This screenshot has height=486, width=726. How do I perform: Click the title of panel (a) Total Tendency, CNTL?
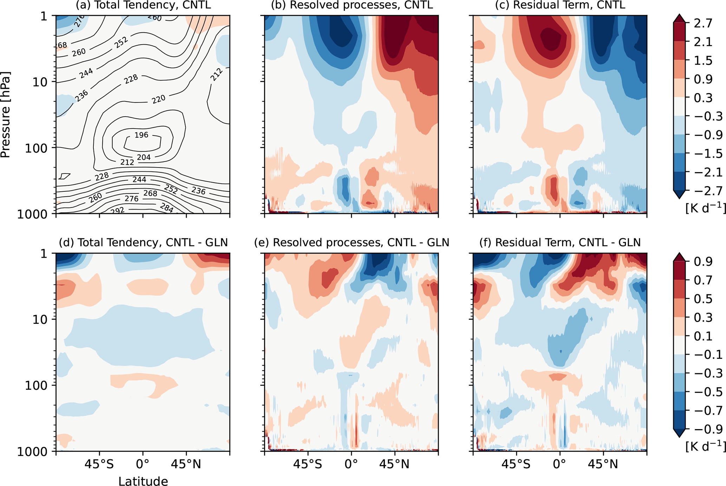tap(143, 5)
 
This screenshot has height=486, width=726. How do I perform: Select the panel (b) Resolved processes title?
tap(352, 5)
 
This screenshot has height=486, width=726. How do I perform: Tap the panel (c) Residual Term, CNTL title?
tap(560, 5)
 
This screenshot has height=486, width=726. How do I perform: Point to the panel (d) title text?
tap(143, 242)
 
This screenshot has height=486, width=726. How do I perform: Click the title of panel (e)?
tap(352, 242)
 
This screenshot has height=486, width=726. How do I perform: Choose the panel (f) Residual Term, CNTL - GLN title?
tap(560, 242)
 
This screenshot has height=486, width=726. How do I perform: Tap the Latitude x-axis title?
tap(143, 481)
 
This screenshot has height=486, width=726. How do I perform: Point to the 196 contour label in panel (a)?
tap(141, 135)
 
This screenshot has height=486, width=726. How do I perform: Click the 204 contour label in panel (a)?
tap(144, 157)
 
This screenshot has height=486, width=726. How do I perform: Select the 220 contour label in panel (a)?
tap(158, 100)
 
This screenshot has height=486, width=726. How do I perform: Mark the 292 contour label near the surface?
tap(117, 210)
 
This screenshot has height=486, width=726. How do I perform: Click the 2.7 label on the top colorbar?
tap(703, 24)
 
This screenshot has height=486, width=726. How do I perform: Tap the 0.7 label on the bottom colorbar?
tap(703, 280)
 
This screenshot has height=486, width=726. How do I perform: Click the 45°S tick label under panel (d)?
tap(99, 465)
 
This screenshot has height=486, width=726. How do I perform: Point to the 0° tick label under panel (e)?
tap(351, 465)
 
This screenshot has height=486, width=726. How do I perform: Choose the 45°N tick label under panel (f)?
tap(603, 465)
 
